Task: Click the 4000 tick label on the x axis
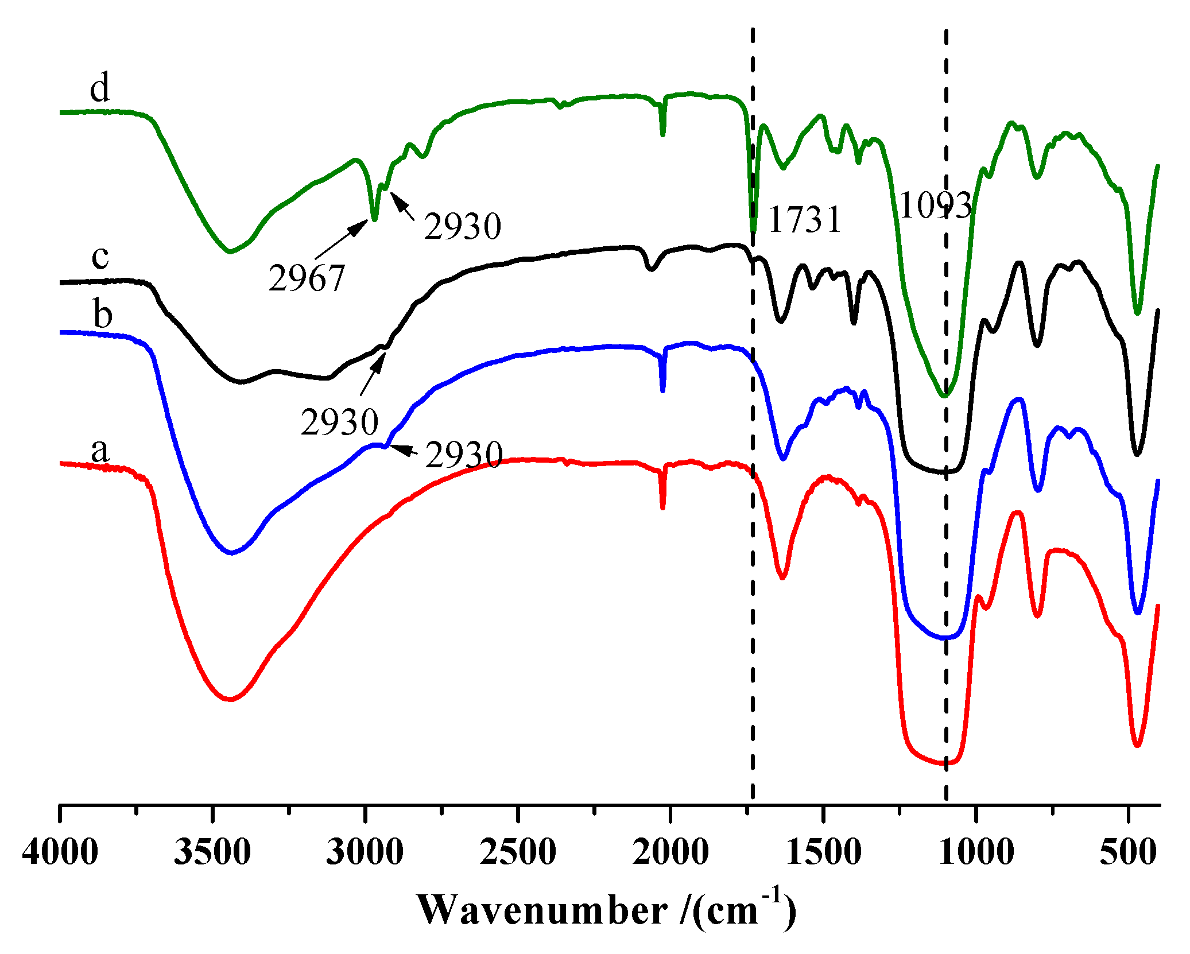60,852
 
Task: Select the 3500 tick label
212,852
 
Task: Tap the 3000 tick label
365,852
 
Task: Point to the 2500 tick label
518,852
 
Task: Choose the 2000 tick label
670,852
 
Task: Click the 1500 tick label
823,852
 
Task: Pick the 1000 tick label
976,852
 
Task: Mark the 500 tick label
1127,852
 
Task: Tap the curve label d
100,89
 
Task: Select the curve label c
100,257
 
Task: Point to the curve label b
103,315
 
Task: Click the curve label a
100,449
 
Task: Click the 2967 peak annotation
307,278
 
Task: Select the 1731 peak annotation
804,220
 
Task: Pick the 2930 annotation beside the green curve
463,226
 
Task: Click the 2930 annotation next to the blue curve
464,455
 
